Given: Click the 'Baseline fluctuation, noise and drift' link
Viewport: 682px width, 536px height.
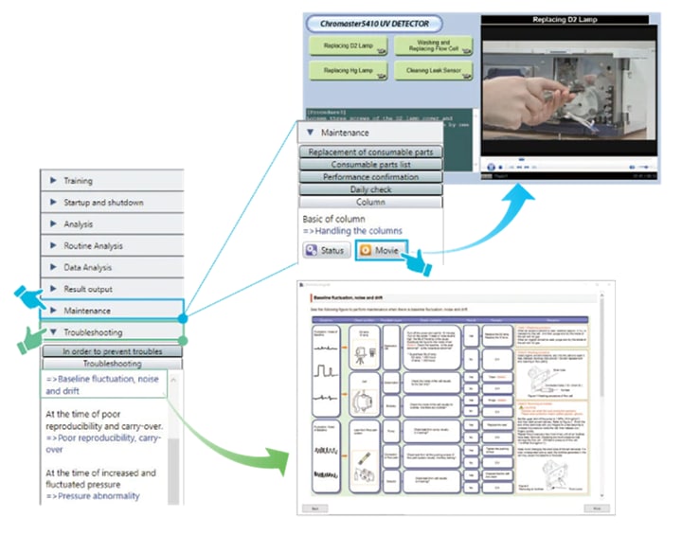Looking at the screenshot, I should point(102,384).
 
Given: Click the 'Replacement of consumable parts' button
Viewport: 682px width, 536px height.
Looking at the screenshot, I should point(371,152).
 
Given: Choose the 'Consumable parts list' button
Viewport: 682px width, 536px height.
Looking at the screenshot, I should point(371,165).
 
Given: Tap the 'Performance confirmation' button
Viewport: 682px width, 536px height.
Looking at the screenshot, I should point(371,177).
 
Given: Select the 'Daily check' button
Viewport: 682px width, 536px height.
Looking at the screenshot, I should point(371,189).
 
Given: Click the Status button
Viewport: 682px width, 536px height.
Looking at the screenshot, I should point(326,251).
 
